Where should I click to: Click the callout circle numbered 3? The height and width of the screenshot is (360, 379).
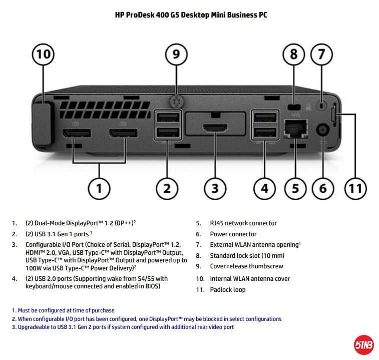(x=215, y=189)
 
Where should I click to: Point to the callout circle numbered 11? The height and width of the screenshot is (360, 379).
(x=354, y=189)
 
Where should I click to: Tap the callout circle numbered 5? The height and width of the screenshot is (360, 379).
(x=295, y=189)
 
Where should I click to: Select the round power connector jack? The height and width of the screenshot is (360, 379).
(x=321, y=129)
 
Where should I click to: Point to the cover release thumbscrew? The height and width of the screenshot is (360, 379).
(x=176, y=101)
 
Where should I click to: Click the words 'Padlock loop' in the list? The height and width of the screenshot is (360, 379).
(x=228, y=289)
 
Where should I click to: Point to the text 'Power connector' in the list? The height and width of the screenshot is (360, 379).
(x=233, y=234)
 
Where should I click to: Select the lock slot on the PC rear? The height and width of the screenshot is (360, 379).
(x=294, y=107)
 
